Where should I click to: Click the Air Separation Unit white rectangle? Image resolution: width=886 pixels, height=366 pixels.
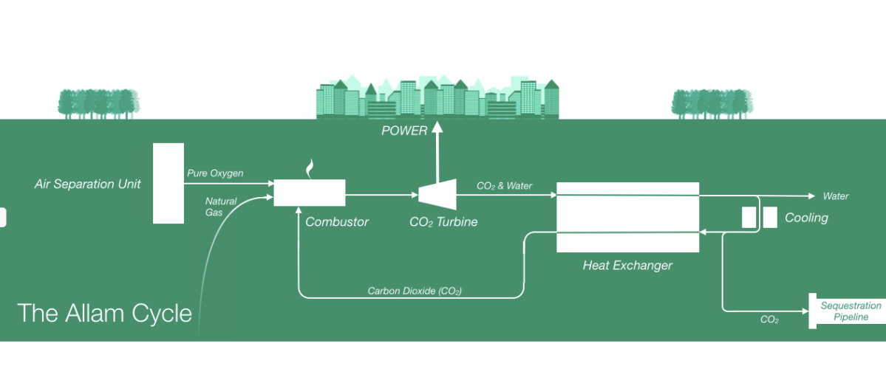click(x=168, y=183)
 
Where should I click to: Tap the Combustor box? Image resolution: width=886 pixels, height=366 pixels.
click(x=310, y=193)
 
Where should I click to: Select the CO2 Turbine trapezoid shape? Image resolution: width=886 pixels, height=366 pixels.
click(x=435, y=193)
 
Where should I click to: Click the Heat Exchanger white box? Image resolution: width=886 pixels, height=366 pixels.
click(x=627, y=217)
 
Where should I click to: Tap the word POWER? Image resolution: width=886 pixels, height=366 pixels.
click(x=404, y=131)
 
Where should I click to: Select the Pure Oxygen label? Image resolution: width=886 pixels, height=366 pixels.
click(x=215, y=173)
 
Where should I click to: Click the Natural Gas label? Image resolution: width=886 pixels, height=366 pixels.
click(x=221, y=207)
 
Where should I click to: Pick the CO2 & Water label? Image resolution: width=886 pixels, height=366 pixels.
click(x=505, y=186)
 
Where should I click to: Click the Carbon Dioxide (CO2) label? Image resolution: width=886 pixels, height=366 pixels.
click(x=415, y=291)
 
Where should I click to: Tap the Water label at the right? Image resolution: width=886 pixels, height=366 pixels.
click(x=836, y=196)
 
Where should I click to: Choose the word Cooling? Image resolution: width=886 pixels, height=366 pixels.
click(x=806, y=218)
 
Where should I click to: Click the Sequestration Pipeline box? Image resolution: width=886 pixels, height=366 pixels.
click(x=848, y=311)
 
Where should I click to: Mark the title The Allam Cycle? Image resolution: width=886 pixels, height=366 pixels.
click(x=104, y=313)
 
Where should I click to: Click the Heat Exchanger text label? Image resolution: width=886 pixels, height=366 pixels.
click(x=627, y=265)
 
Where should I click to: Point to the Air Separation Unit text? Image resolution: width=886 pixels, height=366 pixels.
click(x=87, y=183)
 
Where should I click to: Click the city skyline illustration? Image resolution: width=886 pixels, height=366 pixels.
click(x=437, y=97)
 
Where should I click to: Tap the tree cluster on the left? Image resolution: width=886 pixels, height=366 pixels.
click(x=99, y=104)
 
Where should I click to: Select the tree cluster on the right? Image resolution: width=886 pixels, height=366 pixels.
click(x=712, y=104)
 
